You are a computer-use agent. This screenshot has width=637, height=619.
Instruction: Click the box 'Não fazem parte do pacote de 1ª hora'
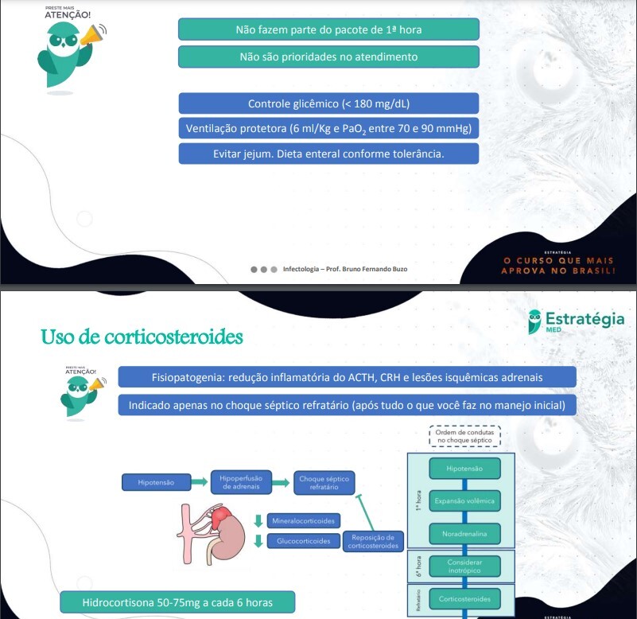[328, 30]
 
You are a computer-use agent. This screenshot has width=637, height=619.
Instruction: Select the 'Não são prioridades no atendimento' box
[328, 57]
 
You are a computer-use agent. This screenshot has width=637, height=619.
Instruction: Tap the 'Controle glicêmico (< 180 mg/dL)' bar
[328, 103]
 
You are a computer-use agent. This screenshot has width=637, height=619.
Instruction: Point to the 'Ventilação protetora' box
[328, 128]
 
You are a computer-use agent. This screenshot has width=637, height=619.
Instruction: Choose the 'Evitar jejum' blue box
[328, 154]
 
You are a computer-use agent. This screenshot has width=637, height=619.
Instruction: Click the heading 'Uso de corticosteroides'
[142, 337]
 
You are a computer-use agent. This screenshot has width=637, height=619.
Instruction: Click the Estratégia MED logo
[576, 321]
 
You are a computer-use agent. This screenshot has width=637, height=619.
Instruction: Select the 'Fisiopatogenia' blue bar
[347, 377]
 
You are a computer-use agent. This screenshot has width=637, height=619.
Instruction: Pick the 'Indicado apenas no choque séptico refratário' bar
[347, 406]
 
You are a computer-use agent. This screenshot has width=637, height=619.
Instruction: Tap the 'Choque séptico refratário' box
[323, 482]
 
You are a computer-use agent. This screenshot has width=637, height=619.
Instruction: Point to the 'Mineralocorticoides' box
[303, 521]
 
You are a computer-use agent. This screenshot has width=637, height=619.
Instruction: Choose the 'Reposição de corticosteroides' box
[372, 542]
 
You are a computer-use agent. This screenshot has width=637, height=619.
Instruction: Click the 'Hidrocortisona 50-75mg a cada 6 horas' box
[177, 602]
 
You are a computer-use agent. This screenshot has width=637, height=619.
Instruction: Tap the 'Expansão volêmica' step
[465, 501]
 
